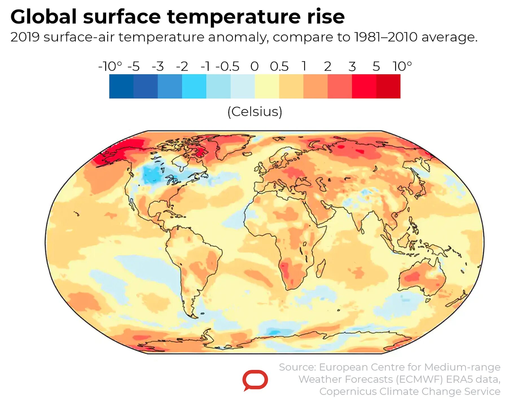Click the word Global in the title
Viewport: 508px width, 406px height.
tap(43, 17)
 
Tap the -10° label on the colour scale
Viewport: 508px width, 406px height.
tap(110, 66)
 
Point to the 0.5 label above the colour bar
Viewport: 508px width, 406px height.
tap(279, 66)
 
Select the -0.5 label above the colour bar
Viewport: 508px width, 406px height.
tap(227, 66)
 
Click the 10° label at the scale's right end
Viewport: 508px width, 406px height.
tap(402, 66)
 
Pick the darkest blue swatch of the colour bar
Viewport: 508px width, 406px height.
tap(121, 86)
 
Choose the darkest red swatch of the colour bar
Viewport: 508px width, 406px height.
tap(388, 86)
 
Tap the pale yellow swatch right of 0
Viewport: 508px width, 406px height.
tap(267, 86)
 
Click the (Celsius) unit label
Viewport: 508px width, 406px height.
tap(255, 112)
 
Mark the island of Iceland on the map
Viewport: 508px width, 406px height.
tap(247, 154)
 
